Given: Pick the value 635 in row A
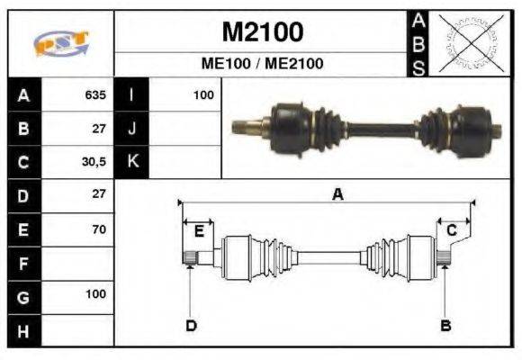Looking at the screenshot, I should [95, 94].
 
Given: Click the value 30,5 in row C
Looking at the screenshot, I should [94, 162].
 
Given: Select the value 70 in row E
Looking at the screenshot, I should [98, 229].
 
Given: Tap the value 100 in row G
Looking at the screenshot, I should [95, 294].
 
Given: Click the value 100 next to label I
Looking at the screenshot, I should [202, 94].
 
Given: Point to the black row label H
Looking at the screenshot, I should [23, 331].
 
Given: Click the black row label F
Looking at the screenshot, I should [23, 264].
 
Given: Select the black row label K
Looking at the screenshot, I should [131, 162].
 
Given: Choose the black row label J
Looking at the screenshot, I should [131, 129].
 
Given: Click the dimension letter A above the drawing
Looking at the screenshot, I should [337, 193].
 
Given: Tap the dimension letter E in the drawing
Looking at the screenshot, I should [199, 231].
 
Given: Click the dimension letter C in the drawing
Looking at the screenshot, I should [452, 231].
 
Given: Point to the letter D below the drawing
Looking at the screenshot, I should [191, 325].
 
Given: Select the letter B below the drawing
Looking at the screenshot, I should [445, 325].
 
